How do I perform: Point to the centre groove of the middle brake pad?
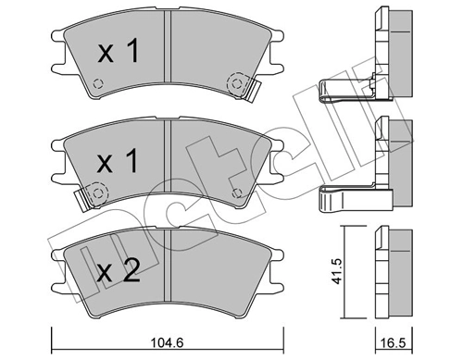click(164, 163)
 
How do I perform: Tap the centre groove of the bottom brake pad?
click(164, 271)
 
